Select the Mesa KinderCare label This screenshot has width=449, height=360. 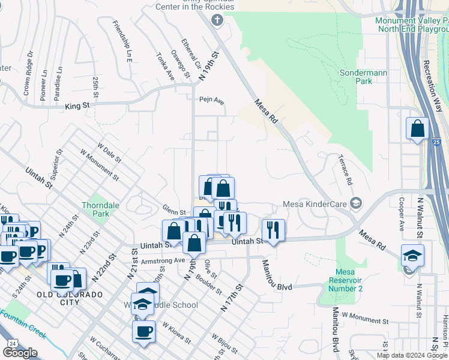pos(314,203)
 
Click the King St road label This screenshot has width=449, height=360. pos(77,106)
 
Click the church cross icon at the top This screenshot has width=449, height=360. pos(217,21)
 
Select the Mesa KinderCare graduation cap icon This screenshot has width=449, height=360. pos(357,203)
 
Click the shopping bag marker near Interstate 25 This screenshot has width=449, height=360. pos(417,129)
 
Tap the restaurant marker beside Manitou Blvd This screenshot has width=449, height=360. pos(273,230)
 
